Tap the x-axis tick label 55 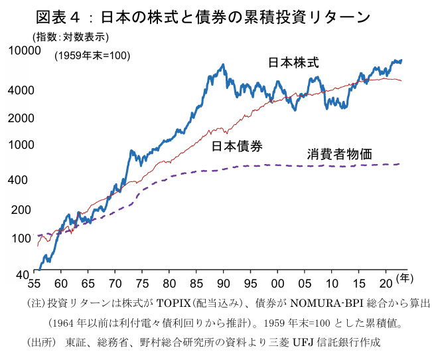click(x=33, y=281)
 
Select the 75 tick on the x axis click(x=141, y=281)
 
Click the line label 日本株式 click(x=293, y=63)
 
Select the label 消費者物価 click(x=339, y=154)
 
